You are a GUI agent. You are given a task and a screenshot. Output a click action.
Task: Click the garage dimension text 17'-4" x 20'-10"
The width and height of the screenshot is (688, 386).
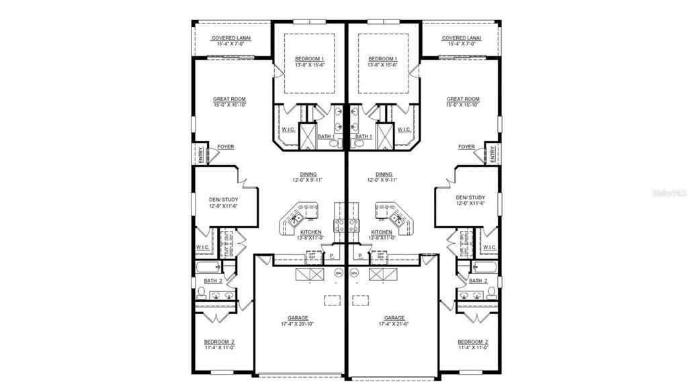coord(298,324)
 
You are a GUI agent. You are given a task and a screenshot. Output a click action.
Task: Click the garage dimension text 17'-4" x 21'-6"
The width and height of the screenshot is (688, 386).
coord(394,324)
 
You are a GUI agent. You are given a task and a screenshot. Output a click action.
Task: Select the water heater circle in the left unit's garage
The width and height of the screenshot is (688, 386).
coord(339,273)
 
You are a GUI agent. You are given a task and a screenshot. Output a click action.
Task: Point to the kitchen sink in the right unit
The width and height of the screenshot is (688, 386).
coord(400,217)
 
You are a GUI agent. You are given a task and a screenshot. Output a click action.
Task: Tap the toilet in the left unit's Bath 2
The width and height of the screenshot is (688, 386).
coord(201,292)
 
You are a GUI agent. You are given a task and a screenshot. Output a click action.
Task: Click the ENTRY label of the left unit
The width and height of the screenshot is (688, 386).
coord(200,155)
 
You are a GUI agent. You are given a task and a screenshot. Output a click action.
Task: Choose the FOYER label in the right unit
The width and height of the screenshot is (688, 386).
coord(466,146)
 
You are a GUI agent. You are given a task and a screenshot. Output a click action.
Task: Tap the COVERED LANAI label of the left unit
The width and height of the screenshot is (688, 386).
coord(231,38)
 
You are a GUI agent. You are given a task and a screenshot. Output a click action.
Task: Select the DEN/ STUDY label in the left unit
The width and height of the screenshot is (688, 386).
coord(224,199)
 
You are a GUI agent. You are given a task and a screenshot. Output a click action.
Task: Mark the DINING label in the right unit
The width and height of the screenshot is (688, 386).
coord(384,174)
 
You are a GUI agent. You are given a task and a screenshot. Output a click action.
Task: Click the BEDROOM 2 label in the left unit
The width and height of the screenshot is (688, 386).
coord(219,342)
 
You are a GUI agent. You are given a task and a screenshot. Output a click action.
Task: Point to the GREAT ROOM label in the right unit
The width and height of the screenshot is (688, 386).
coord(463,99)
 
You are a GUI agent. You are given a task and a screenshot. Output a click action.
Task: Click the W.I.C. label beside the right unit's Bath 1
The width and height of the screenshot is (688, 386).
coord(404,130)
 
